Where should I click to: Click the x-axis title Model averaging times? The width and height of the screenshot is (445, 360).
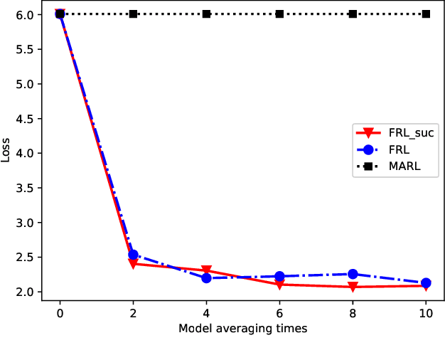click(x=242, y=328)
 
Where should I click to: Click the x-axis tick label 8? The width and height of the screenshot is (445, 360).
click(x=353, y=312)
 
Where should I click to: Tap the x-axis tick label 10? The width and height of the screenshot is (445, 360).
click(x=426, y=312)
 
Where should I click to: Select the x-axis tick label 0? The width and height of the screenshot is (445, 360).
click(x=60, y=312)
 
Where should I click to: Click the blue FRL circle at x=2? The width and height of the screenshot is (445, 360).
click(x=133, y=254)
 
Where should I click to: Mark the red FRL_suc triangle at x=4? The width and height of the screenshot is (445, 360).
click(x=206, y=271)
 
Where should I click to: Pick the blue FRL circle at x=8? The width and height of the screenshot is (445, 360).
click(x=353, y=274)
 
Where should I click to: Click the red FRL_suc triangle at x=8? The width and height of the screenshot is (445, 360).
click(x=353, y=287)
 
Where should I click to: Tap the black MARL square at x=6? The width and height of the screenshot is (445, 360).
click(x=279, y=14)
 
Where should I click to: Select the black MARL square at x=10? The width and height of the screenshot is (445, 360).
click(x=426, y=14)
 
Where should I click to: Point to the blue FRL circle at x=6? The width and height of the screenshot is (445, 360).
click(x=279, y=276)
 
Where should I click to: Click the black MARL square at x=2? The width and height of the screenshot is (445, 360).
click(x=133, y=14)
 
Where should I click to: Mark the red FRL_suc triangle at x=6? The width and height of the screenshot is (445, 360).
click(x=279, y=285)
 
